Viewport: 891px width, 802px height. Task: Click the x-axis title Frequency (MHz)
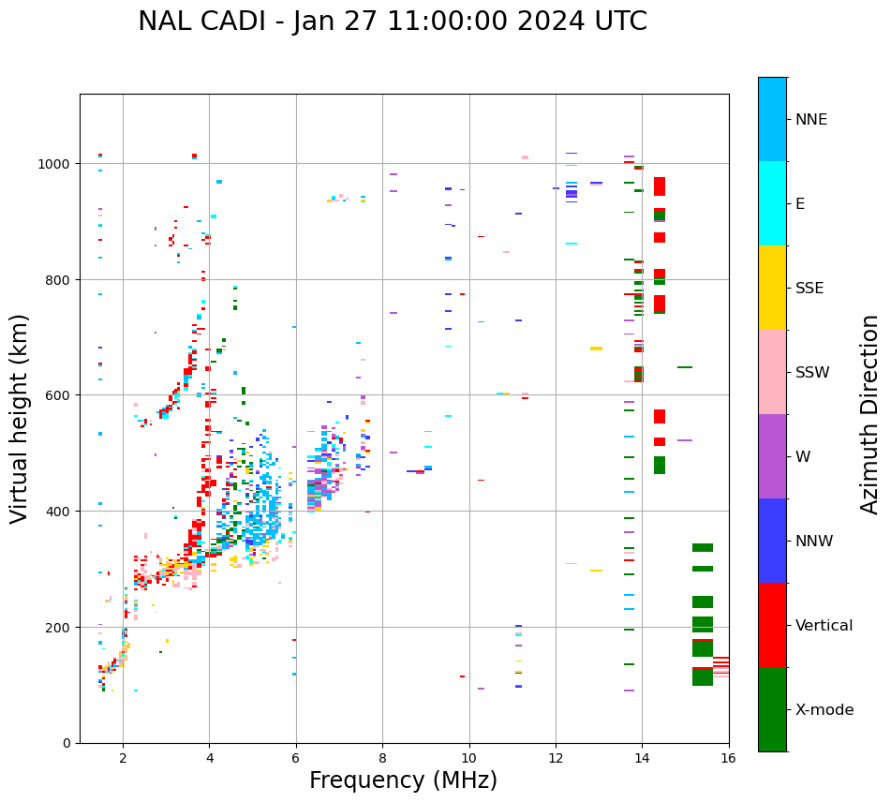(403, 780)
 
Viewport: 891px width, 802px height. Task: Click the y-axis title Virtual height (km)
(20, 418)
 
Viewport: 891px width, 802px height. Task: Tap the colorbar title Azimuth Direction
(870, 414)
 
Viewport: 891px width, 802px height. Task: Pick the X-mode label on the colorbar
(824, 709)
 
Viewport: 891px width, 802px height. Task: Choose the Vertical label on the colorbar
(824, 625)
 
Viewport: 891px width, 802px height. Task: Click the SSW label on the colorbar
(812, 372)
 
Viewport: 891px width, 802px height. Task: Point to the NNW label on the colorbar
(814, 541)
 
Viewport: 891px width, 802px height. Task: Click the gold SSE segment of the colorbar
(772, 288)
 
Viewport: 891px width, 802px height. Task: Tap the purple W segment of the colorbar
(772, 456)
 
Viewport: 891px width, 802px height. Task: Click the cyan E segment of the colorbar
(772, 203)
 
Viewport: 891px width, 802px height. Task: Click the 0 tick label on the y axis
(67, 743)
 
